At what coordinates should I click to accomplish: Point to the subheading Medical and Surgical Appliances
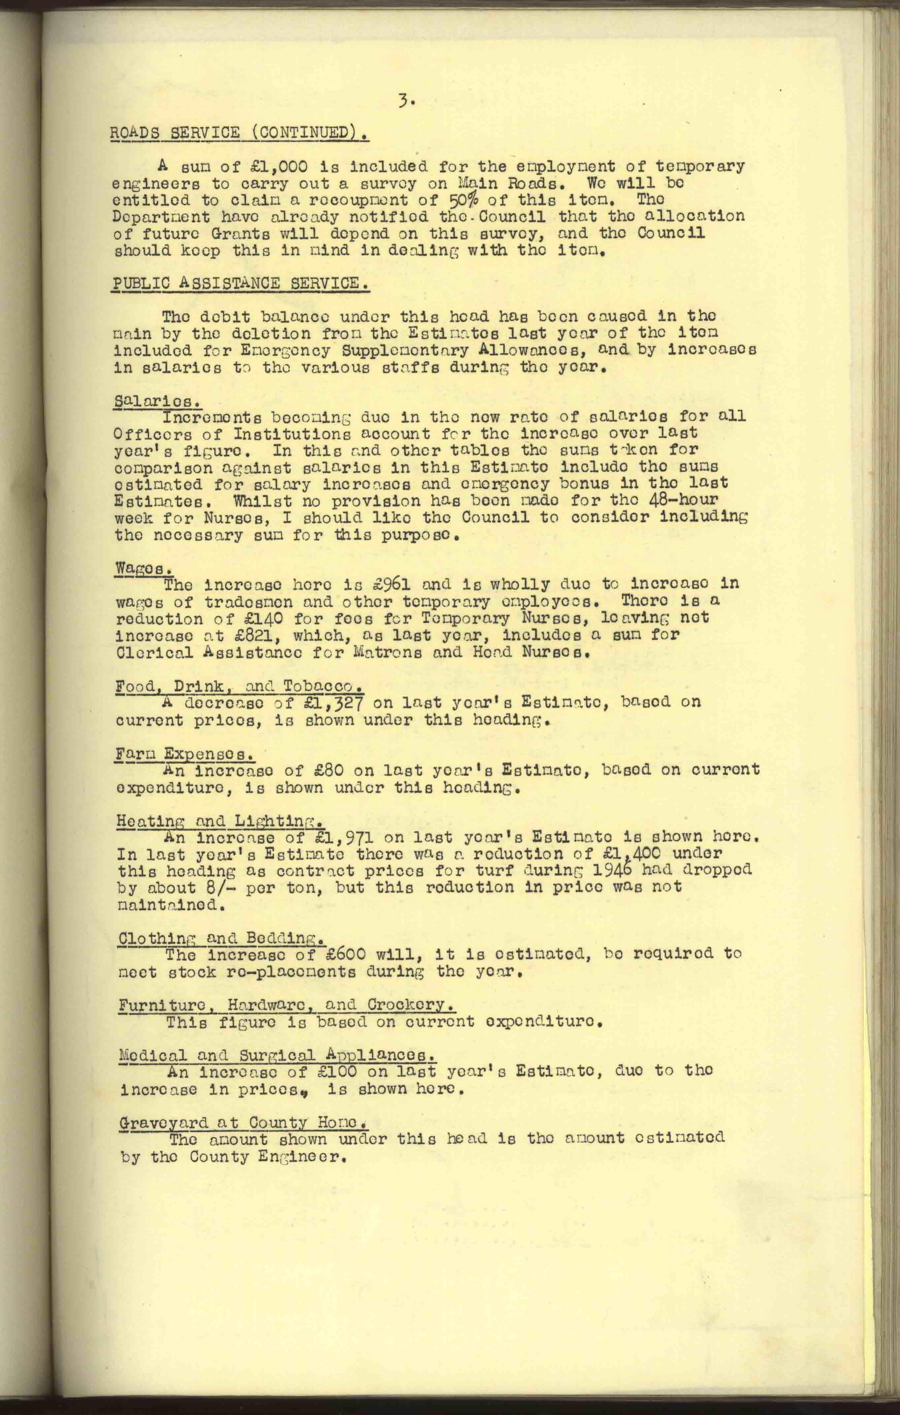tap(277, 1055)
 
